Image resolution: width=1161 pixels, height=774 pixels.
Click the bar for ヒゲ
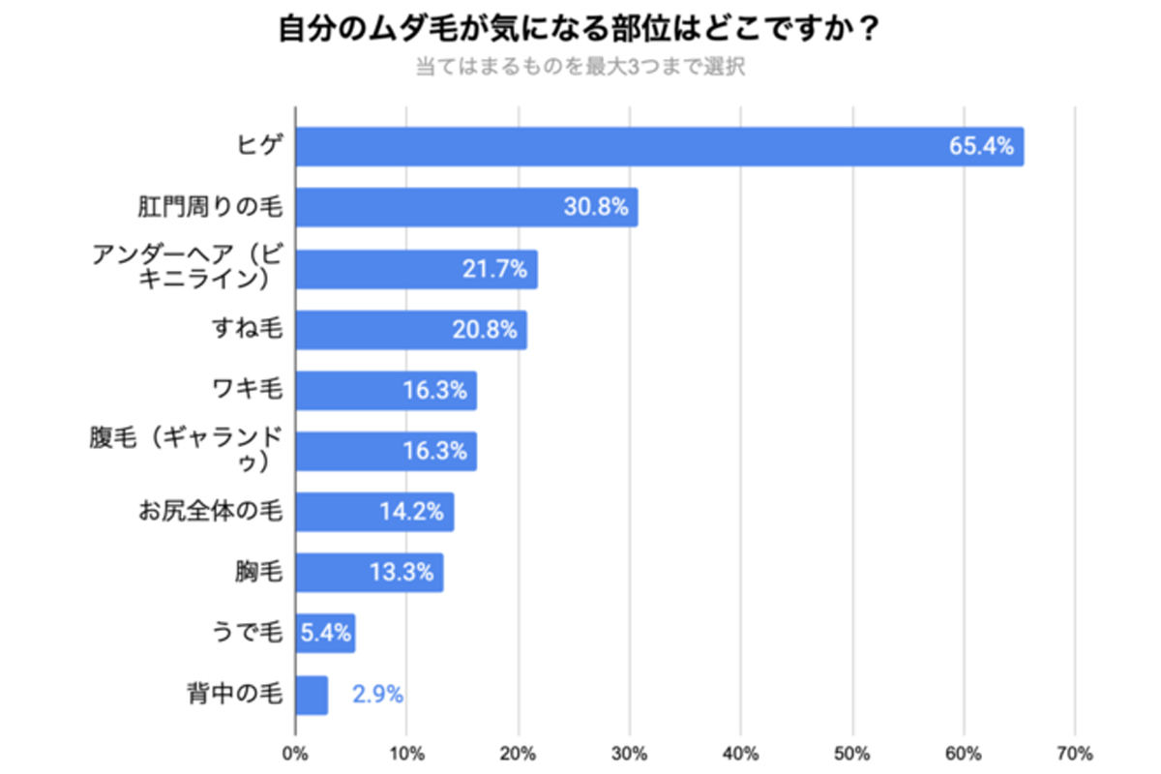[x=658, y=147]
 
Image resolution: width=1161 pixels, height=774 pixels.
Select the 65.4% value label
[x=982, y=147]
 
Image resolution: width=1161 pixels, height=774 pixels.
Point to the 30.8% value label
[x=596, y=207]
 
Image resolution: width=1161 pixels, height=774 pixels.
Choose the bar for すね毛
[x=411, y=330]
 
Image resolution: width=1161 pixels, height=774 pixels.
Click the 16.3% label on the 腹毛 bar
[x=435, y=451]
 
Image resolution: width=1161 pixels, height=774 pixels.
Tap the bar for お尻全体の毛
[x=374, y=512]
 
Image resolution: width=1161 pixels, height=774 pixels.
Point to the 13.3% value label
[x=401, y=573]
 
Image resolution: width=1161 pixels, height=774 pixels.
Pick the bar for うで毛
[x=325, y=634]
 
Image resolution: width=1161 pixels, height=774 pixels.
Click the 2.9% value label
[x=377, y=695]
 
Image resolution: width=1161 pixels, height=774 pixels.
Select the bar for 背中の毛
[x=312, y=695]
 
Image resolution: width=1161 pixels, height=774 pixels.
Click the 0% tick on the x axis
[x=295, y=754]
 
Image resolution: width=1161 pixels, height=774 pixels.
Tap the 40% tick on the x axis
[x=741, y=754]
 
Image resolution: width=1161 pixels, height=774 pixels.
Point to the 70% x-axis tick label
[x=1075, y=754]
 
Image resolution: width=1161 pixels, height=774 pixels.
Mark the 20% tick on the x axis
[x=518, y=754]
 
